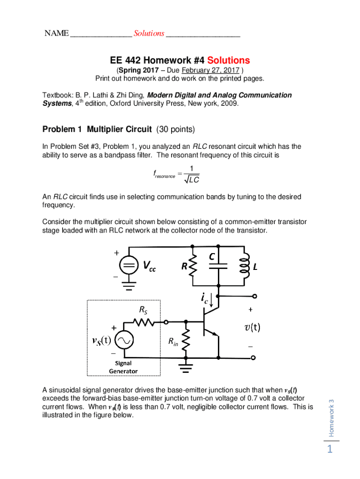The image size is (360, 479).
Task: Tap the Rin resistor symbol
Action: tap(186, 343)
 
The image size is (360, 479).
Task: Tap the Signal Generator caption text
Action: tap(123, 367)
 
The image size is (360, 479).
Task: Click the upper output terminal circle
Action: tap(254, 296)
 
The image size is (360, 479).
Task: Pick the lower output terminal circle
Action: tap(254, 358)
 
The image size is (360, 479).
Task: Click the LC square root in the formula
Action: tap(190, 180)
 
